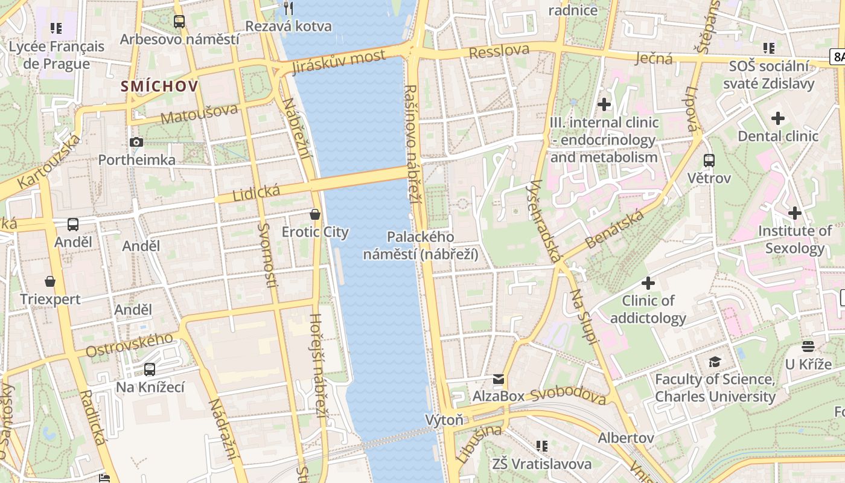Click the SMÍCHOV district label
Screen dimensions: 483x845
coord(159,86)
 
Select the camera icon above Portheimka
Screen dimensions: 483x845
coord(136,142)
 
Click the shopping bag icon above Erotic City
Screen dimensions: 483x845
coord(314,214)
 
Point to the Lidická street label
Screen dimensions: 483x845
coord(257,194)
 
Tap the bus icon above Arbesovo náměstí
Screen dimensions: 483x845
coord(179,22)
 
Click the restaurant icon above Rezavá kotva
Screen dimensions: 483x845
coord(289,8)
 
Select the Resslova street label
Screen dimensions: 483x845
coord(499,51)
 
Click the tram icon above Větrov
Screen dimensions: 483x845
coord(709,161)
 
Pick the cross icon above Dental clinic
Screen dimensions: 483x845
coord(778,118)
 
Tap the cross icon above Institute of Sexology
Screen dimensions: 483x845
coord(795,213)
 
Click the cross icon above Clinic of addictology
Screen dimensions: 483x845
coord(648,283)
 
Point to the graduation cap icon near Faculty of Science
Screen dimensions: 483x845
coord(715,362)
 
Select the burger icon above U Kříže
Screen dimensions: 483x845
coord(808,347)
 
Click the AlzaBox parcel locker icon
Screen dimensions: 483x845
coord(499,379)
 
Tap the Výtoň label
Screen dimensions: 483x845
coord(444,420)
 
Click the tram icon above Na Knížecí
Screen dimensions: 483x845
coord(150,369)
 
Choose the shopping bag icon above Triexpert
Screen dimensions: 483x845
coord(50,281)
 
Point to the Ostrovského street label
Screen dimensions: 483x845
coord(129,344)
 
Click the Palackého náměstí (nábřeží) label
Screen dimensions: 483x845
coord(421,246)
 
